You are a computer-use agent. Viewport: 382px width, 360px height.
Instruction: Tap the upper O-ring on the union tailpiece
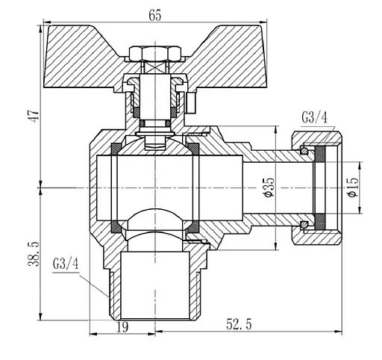304,152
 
